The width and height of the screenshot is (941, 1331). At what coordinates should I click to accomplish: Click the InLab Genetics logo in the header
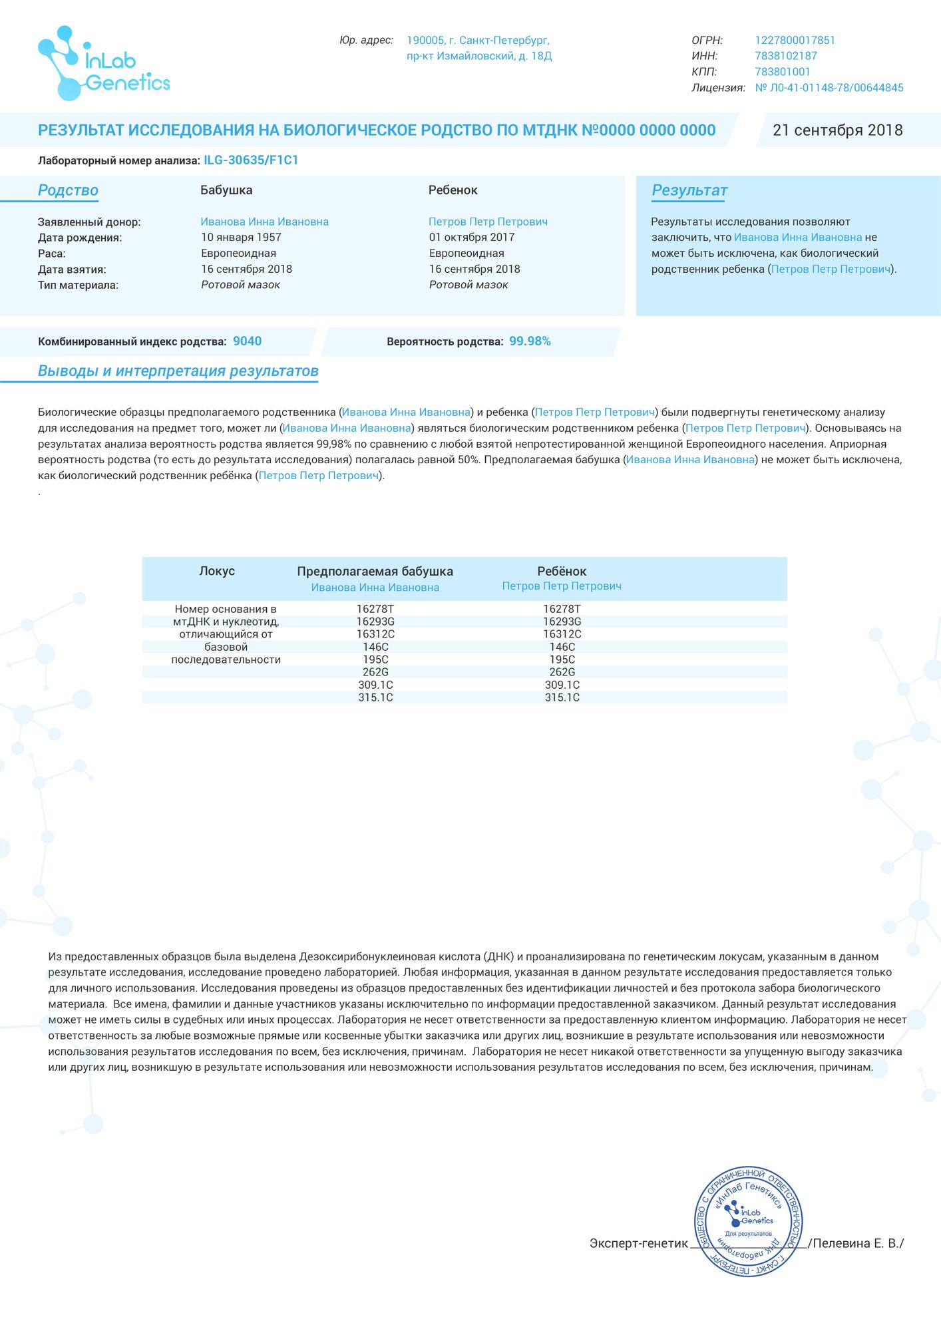point(103,64)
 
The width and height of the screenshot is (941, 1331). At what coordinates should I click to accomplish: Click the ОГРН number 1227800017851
point(795,41)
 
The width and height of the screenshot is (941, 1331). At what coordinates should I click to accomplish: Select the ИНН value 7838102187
point(786,57)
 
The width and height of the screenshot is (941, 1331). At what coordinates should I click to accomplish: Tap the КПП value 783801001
point(783,72)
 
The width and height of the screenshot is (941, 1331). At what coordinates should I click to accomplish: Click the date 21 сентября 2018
point(837,130)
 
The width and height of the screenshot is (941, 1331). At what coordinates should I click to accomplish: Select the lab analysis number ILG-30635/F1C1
point(251,160)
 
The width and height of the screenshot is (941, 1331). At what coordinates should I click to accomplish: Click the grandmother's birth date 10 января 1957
point(241,238)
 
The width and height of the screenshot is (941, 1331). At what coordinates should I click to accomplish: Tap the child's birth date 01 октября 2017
point(472,238)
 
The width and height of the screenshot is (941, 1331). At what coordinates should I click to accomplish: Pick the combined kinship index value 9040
point(247,341)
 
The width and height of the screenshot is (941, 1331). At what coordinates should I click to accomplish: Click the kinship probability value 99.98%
point(530,341)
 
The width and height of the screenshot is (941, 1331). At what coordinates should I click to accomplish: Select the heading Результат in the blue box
point(689,191)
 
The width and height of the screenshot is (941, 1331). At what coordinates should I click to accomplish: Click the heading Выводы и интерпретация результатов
point(178,371)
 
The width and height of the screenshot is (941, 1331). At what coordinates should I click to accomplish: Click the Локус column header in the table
point(217,571)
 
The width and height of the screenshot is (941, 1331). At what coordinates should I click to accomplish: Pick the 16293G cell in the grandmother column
point(375,622)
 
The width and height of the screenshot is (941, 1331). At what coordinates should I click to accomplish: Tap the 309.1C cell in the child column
point(562,685)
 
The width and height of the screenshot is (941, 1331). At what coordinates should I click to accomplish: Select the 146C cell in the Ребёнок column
point(562,647)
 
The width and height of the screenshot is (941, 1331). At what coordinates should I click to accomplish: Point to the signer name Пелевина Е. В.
point(857,1243)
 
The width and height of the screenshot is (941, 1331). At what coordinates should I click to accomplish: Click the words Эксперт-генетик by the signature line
point(638,1243)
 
